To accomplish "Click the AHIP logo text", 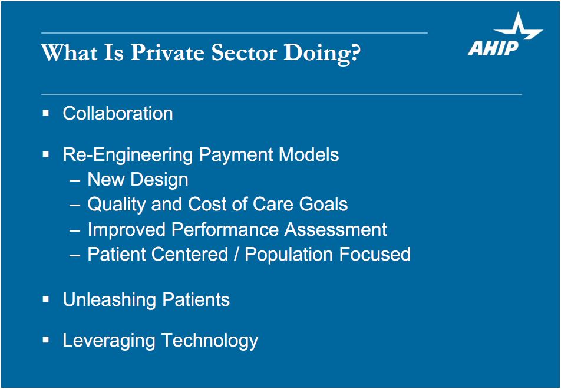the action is (x=493, y=48).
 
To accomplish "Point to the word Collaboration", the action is (x=118, y=113).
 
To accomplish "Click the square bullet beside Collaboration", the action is (x=45, y=113).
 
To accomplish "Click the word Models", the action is (x=309, y=154).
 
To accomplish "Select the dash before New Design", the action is (x=75, y=180).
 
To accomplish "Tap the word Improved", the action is (x=126, y=230).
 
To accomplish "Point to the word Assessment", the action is (x=336, y=229).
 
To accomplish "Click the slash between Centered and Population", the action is (x=236, y=255).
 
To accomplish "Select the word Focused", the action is (x=375, y=255).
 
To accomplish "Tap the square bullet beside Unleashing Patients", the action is (x=45, y=299).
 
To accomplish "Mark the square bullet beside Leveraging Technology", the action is (x=45, y=339).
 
